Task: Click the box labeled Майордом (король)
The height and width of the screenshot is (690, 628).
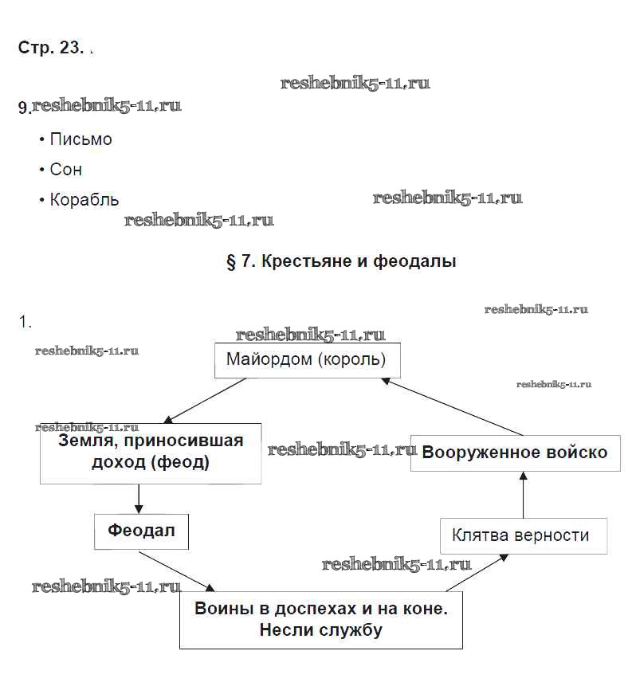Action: tap(307, 360)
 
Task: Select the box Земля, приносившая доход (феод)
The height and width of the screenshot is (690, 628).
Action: tap(151, 453)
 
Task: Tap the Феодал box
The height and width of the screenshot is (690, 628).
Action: tap(141, 531)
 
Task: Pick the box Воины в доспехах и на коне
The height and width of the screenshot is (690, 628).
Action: tap(320, 619)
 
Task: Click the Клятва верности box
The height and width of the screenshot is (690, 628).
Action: tap(523, 535)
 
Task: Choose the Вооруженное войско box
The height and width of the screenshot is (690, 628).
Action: tap(514, 453)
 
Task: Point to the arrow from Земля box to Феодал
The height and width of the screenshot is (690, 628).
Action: tap(139, 499)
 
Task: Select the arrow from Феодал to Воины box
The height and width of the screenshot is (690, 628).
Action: tap(177, 569)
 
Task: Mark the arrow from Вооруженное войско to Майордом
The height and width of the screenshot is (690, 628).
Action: tap(451, 406)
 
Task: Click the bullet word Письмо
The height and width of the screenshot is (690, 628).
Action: tap(80, 139)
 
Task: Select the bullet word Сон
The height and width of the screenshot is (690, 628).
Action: tap(65, 170)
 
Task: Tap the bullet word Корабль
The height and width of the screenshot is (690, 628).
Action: tap(84, 200)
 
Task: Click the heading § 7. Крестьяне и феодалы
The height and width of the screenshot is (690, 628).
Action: tap(341, 261)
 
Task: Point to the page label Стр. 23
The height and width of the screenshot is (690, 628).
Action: tap(49, 47)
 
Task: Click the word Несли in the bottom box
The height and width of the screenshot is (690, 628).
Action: tap(285, 630)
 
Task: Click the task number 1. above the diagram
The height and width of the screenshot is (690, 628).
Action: tap(25, 322)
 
